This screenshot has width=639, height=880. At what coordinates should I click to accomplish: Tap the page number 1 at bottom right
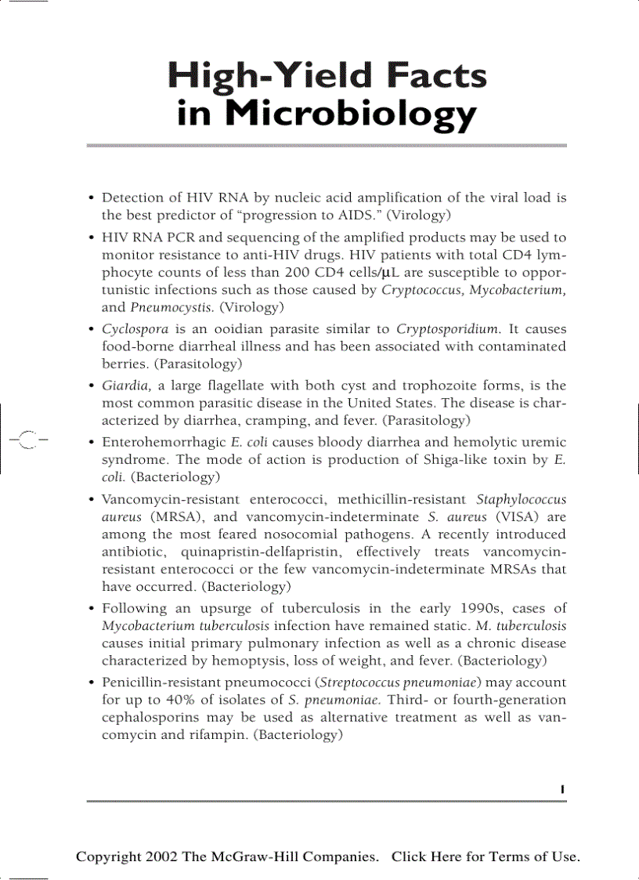tap(563, 789)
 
